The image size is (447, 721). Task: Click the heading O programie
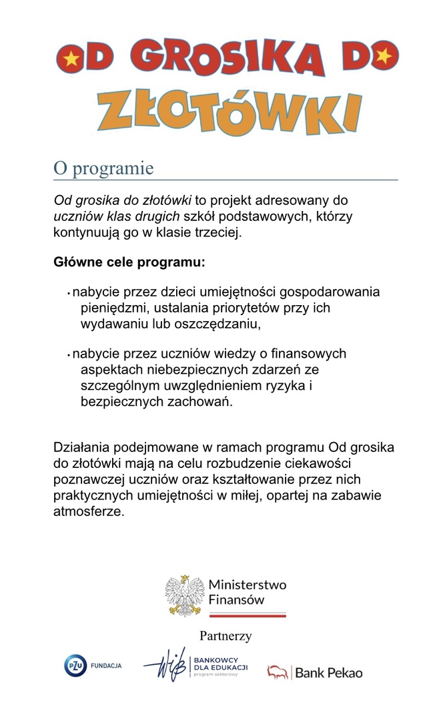(x=103, y=168)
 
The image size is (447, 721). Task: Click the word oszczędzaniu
(x=216, y=324)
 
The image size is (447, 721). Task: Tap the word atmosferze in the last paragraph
(x=89, y=512)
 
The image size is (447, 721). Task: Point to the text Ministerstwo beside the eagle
(x=248, y=585)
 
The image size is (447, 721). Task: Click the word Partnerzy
(x=226, y=636)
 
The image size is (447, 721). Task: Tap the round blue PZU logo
(x=76, y=666)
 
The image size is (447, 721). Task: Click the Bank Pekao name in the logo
(x=328, y=673)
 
